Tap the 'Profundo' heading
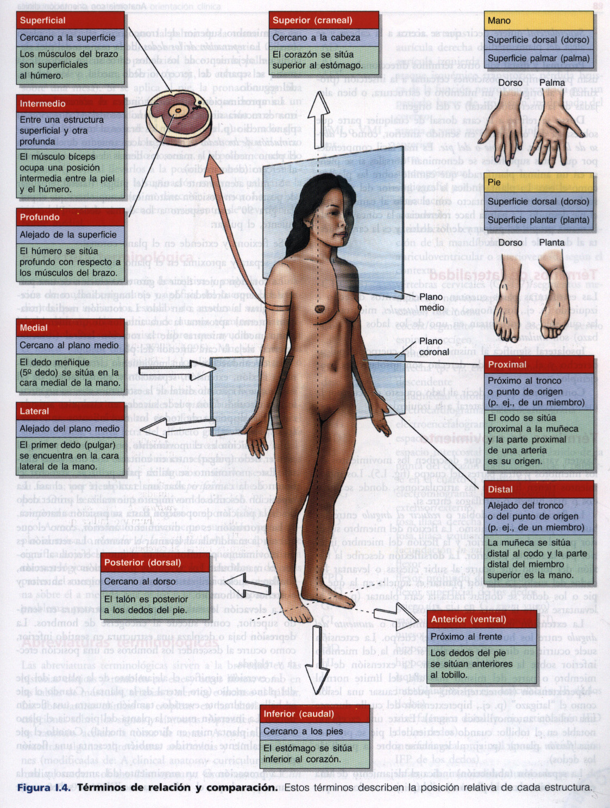pos(40,217)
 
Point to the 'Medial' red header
pos(34,328)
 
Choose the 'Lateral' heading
pos(34,411)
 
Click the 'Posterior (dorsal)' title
pos(142,563)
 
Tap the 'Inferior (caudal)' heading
pos(299,714)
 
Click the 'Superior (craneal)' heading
pos(312,21)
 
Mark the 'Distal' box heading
pos(500,489)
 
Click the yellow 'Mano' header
pos(499,21)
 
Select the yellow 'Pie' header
pos(494,182)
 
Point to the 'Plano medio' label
pos(431,302)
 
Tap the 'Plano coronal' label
pos(433,346)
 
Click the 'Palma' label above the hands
pos(552,83)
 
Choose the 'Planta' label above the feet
pos(551,243)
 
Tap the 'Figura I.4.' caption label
pos(43,787)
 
